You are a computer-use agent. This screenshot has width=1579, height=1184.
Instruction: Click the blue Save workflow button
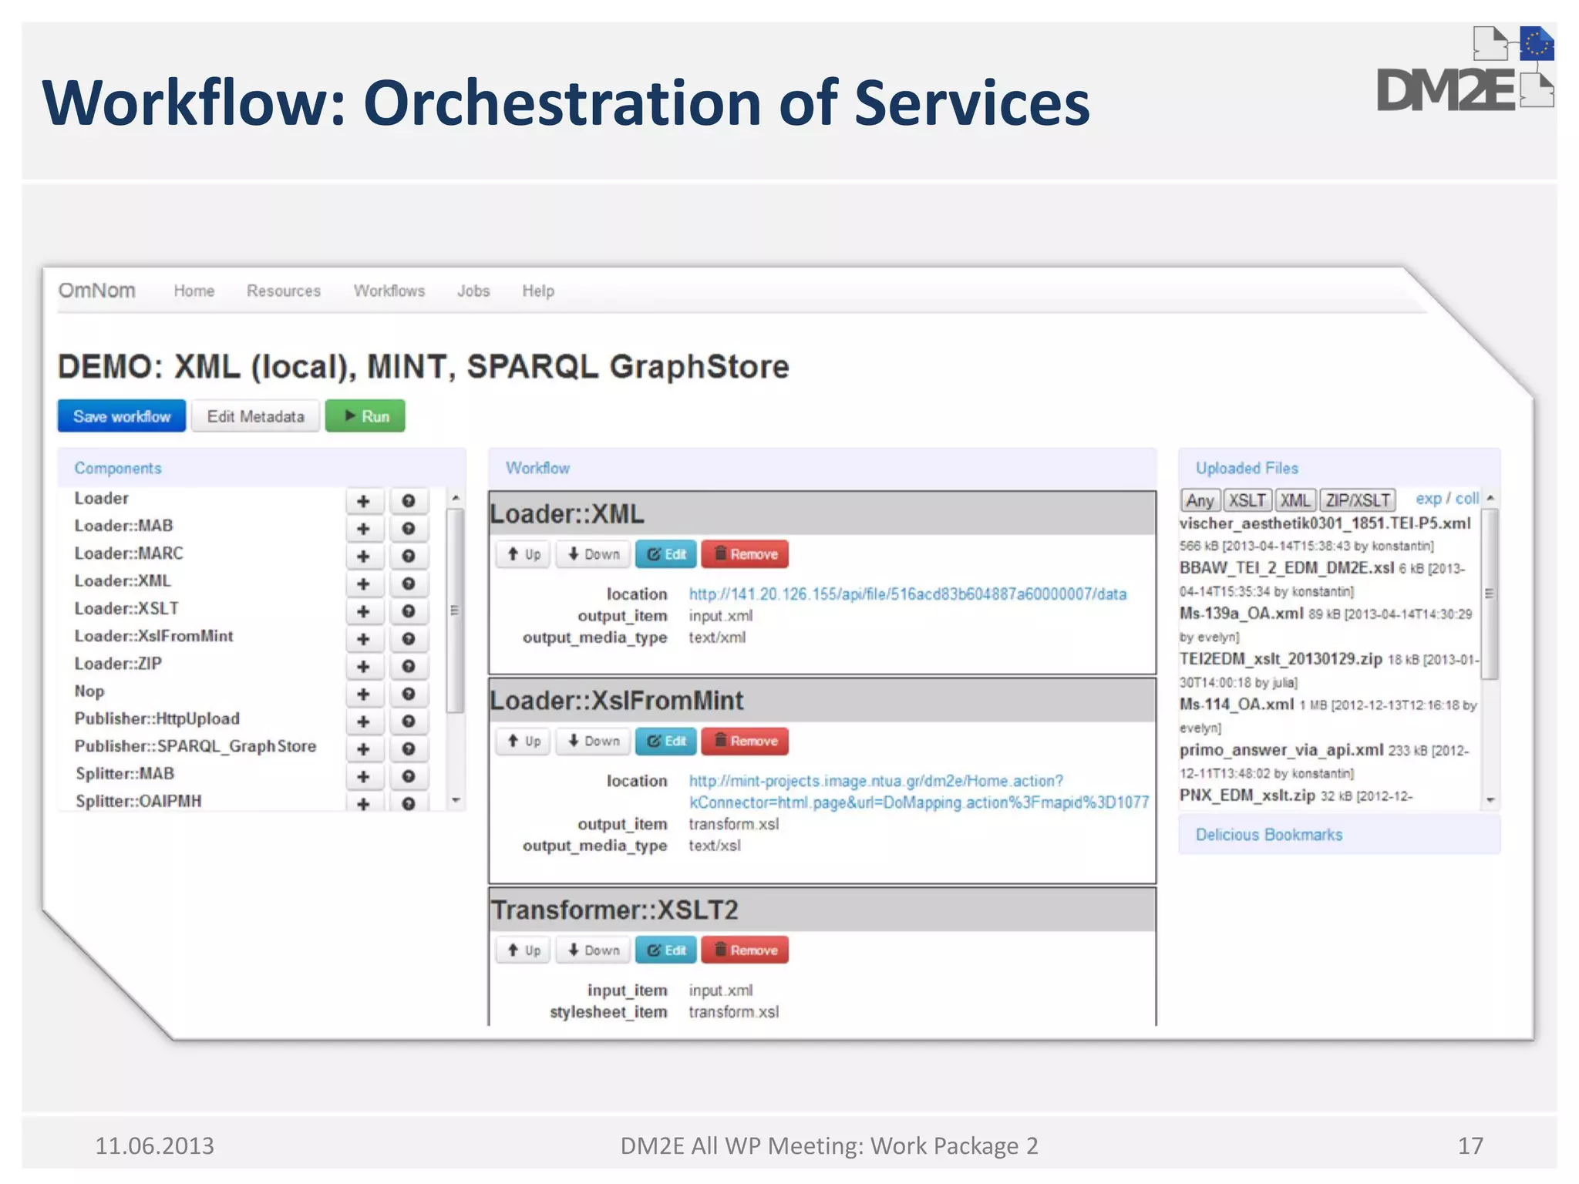[x=122, y=416]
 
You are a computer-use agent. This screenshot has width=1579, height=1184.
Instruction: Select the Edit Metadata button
[x=255, y=416]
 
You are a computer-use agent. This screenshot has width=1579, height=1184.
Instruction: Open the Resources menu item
[x=284, y=291]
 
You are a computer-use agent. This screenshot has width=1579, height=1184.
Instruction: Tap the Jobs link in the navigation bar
[x=473, y=291]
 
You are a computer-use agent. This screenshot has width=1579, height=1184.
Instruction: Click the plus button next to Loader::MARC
[x=363, y=557]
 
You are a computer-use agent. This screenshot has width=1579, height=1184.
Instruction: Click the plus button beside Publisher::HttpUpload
[x=363, y=721]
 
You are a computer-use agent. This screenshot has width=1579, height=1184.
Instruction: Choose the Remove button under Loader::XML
[x=745, y=554]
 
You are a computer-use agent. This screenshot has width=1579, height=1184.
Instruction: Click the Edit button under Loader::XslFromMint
[x=666, y=742]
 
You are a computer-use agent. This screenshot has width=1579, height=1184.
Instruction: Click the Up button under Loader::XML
[x=524, y=554]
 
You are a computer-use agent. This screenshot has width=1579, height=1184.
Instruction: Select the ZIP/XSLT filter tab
[x=1358, y=500]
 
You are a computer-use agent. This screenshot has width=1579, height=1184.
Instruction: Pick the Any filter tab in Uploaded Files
[x=1200, y=500]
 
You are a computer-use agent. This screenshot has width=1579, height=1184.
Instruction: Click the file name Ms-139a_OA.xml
[x=1241, y=614]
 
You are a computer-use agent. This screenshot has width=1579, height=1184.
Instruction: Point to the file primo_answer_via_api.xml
[x=1281, y=750]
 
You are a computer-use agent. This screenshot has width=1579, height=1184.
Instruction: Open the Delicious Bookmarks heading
[x=1269, y=835]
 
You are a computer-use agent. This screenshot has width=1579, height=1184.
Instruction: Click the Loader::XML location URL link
[x=907, y=594]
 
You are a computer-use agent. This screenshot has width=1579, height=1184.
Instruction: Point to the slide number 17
[x=1470, y=1146]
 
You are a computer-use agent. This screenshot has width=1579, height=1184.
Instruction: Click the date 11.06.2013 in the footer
[x=154, y=1146]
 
